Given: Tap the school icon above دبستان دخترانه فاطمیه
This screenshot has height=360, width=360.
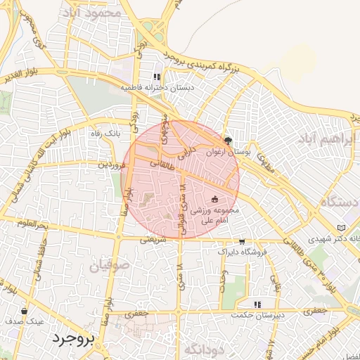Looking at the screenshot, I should coord(156,77).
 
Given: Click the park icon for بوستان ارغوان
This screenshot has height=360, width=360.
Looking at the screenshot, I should coord(227,140).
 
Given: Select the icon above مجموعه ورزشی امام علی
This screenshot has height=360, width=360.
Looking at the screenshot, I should coord(214,199).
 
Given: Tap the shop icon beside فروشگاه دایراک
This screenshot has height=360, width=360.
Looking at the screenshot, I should coord(242,241).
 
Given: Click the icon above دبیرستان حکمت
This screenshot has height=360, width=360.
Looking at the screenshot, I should coord(258,304).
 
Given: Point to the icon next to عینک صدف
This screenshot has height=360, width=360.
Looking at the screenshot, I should coord(25,310).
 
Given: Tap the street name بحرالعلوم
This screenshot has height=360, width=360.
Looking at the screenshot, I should coord(33,224).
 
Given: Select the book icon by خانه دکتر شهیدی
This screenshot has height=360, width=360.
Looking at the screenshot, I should coord(342,229).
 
